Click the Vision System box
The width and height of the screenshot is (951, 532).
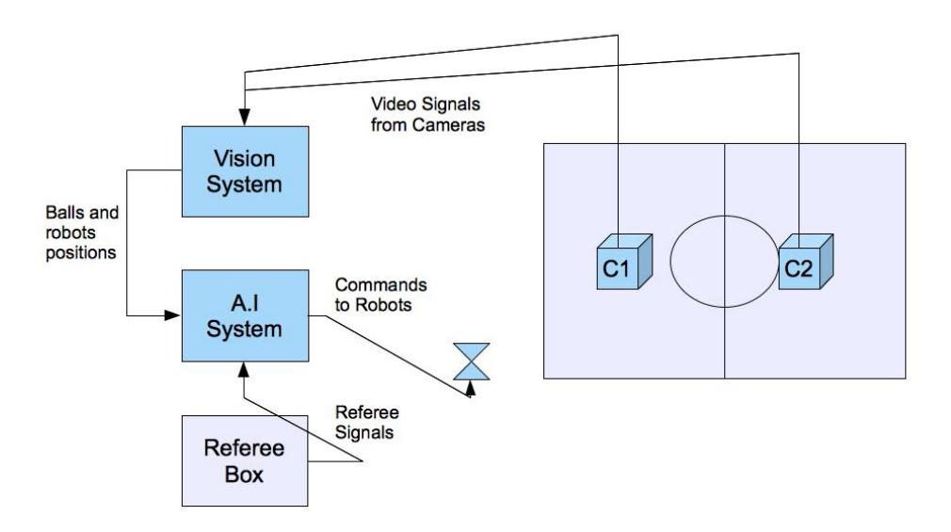coord(245,171)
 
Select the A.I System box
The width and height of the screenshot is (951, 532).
coord(245,315)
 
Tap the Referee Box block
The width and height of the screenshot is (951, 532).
coord(245,461)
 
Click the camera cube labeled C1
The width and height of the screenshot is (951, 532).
coord(624,262)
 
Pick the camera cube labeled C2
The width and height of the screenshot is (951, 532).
coord(805,262)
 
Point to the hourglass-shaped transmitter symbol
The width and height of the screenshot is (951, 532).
coord(471,362)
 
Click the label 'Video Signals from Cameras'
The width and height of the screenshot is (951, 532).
coord(427,114)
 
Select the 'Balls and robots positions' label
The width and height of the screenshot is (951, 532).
coord(82,233)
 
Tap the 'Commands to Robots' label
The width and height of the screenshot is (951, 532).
coord(381,295)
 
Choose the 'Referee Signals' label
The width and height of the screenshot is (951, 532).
coord(367,422)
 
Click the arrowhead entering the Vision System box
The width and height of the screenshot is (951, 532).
coord(245,118)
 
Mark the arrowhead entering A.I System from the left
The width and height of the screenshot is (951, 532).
coord(173,315)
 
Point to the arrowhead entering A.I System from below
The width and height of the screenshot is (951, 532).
coord(244,370)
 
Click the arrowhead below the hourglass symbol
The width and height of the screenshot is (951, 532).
coord(470,389)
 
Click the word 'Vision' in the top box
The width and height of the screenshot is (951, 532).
coord(245,159)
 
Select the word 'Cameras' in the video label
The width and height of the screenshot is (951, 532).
coord(448,125)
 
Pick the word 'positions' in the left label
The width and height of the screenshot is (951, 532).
coord(81,253)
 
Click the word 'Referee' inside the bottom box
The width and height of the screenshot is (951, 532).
coord(244,448)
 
